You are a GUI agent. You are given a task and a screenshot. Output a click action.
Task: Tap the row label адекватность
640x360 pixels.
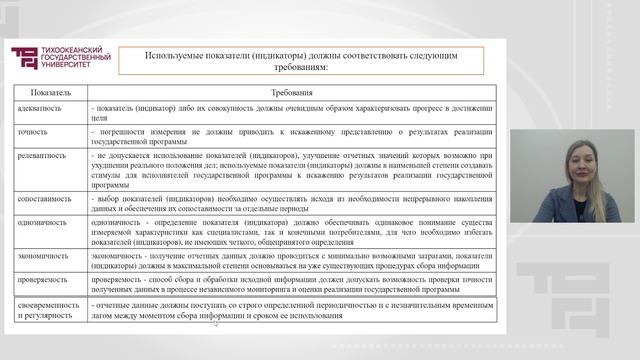(41, 106)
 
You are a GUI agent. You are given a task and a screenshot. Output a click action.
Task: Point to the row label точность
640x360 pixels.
(33, 131)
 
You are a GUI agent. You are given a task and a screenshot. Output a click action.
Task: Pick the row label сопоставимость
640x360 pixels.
(44, 198)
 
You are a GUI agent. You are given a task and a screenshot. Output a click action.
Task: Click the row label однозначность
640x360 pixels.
(43, 223)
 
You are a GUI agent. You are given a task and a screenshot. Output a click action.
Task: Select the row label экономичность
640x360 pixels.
(43, 256)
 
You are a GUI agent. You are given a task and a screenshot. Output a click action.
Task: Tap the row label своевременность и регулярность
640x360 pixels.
(48, 311)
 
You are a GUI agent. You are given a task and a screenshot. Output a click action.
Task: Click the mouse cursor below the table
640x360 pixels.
(216, 323)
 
